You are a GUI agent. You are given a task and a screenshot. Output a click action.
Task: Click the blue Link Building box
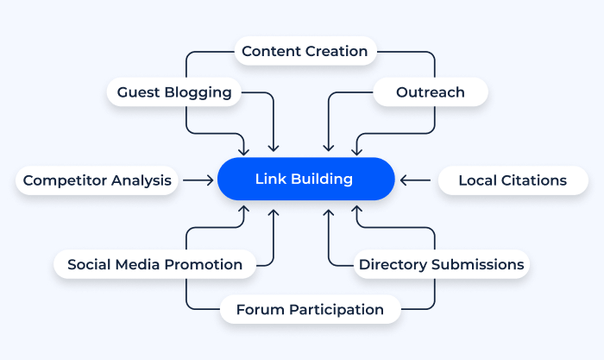305,180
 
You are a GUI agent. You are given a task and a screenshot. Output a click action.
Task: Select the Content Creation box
305,52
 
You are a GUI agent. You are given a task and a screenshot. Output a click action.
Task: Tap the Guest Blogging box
174,92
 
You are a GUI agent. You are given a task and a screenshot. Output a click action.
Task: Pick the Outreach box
430,92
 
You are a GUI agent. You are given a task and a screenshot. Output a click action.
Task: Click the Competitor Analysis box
98,180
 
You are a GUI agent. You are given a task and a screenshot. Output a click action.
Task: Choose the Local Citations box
513,180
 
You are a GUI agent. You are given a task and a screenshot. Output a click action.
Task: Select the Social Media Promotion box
154,264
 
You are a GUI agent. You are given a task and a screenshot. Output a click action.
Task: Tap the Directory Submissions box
441,264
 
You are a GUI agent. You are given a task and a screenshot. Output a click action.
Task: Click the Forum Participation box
310,309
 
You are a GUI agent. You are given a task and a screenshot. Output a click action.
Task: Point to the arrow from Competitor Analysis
198,180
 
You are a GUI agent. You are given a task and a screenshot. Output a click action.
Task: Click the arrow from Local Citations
416,180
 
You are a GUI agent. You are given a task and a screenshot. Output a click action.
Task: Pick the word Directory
389,264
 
